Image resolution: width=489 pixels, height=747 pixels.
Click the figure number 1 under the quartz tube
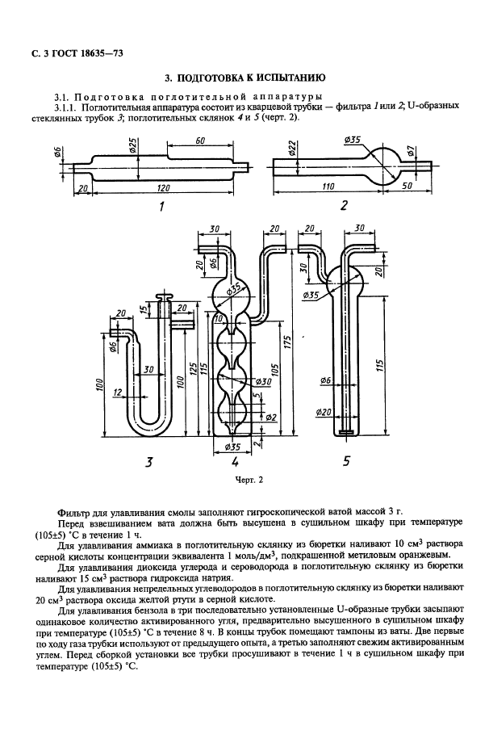pos(162,207)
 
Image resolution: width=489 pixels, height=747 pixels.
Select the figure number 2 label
pos(344,206)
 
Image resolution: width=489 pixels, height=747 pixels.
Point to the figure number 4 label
pos(234,463)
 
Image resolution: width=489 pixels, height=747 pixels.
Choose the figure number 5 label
pos(346,462)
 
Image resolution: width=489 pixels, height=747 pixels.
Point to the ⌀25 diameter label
pos(132,149)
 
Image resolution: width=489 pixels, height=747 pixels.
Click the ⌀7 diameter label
pos(411,151)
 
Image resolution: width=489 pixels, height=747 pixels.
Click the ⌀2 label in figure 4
pos(271,417)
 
